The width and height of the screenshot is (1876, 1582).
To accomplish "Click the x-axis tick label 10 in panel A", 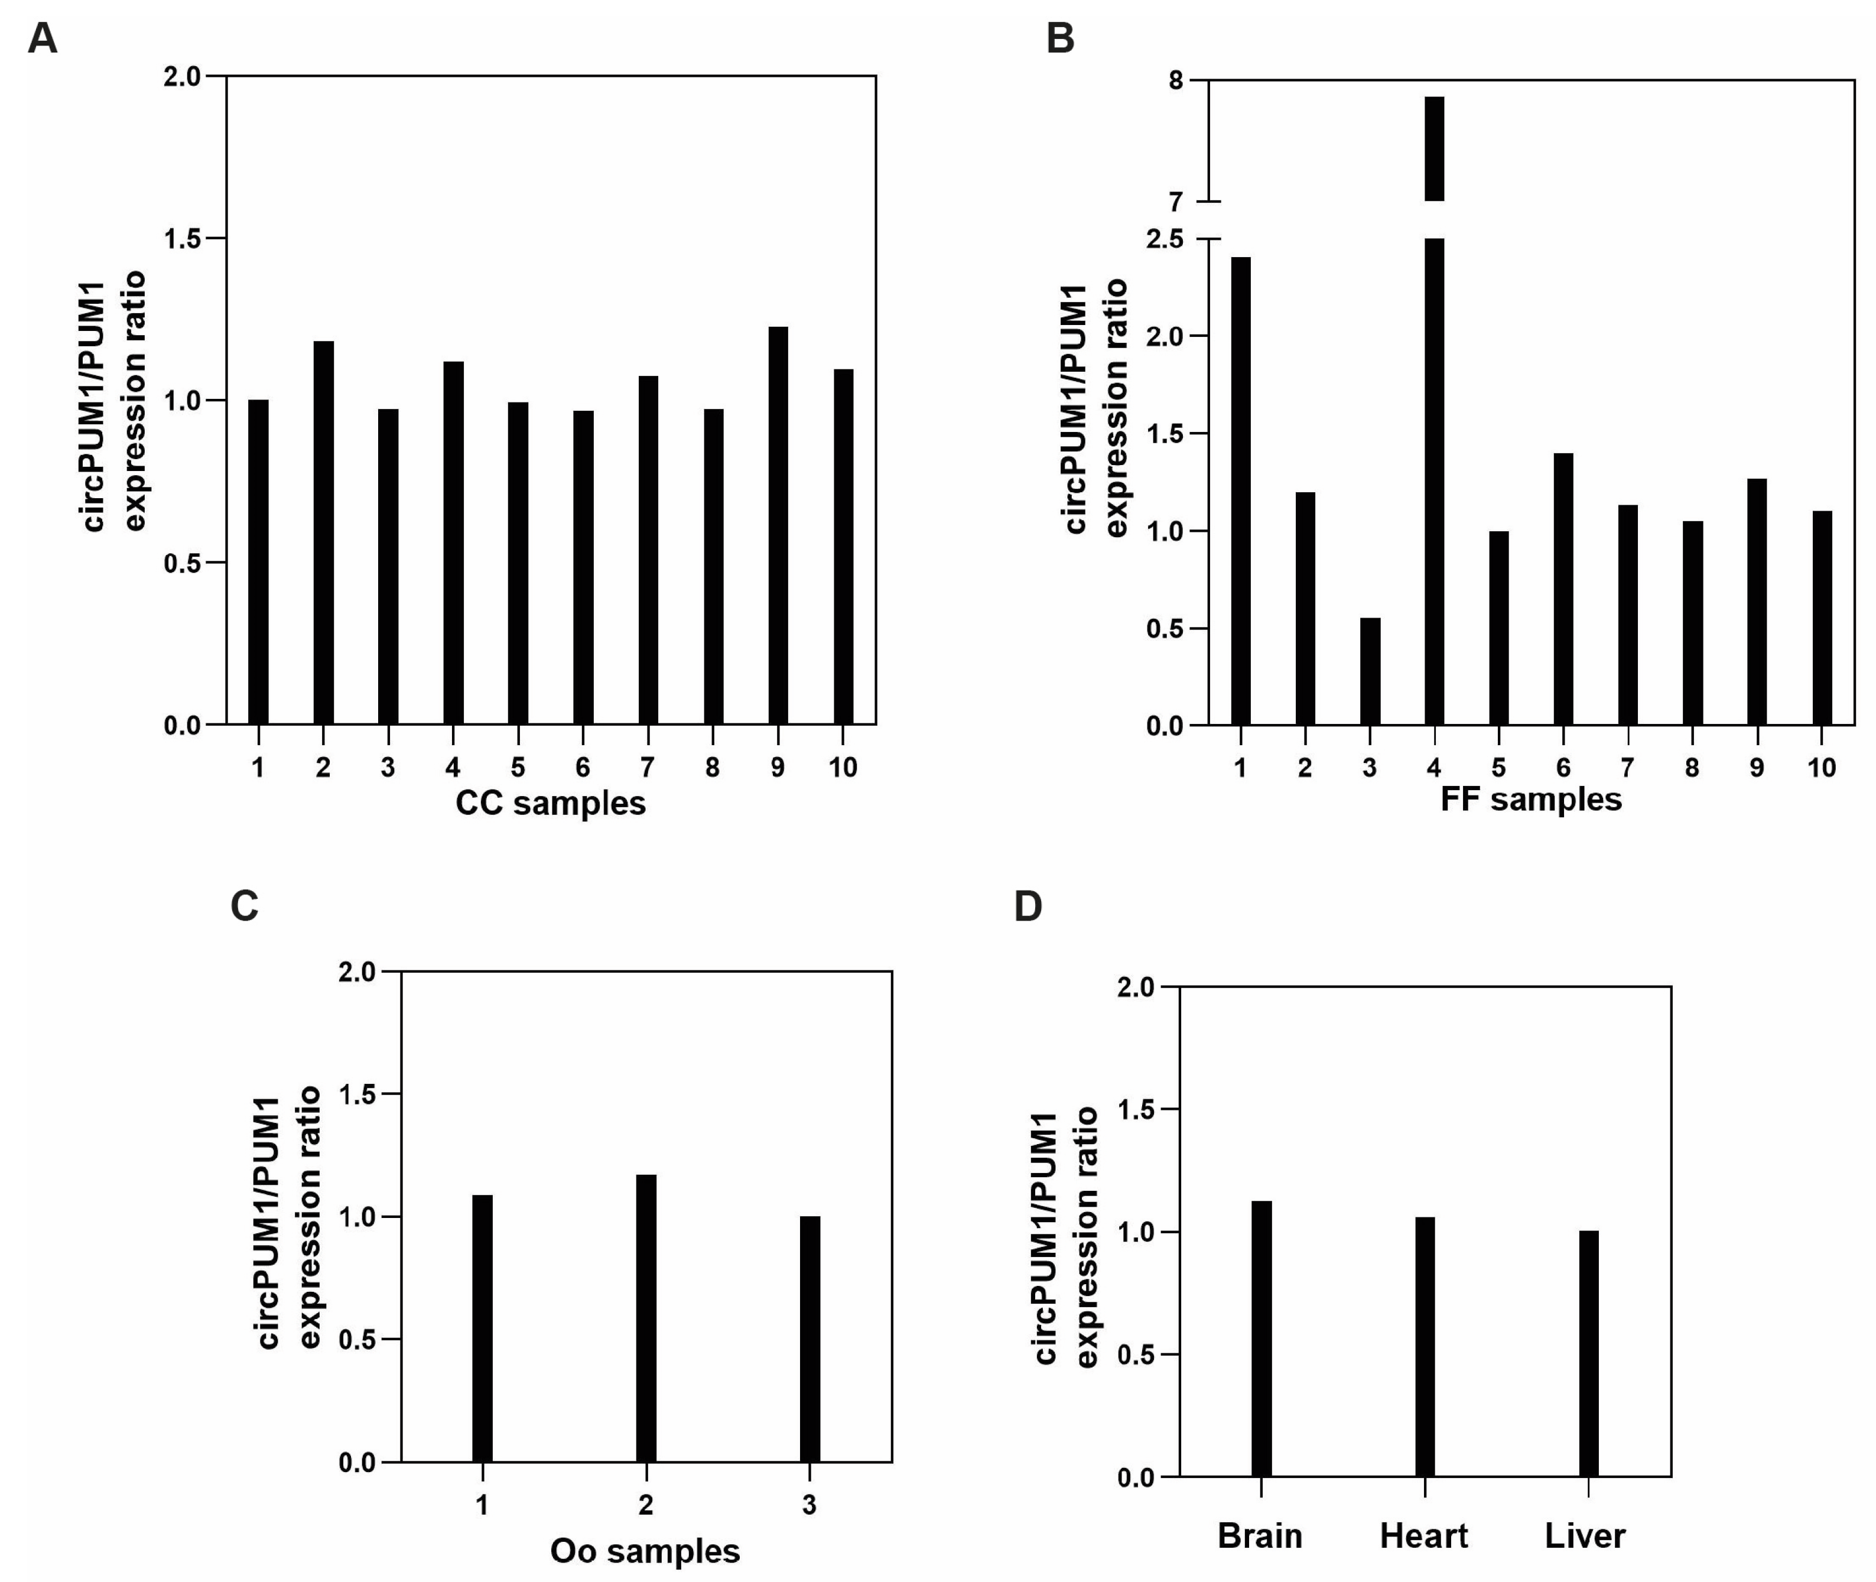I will [x=842, y=768].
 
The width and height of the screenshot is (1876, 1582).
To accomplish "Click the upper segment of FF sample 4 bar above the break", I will [x=1434, y=148].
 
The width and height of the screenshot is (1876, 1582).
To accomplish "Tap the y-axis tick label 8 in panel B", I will [x=1176, y=81].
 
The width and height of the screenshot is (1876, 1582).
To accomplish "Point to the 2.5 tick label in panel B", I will [x=1164, y=239].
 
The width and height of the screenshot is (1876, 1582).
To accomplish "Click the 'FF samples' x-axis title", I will [x=1531, y=799].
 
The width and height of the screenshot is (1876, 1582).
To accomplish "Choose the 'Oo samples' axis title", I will [x=645, y=1551].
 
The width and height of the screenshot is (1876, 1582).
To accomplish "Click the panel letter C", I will [x=244, y=906].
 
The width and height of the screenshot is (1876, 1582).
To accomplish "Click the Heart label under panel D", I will [x=1423, y=1535].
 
